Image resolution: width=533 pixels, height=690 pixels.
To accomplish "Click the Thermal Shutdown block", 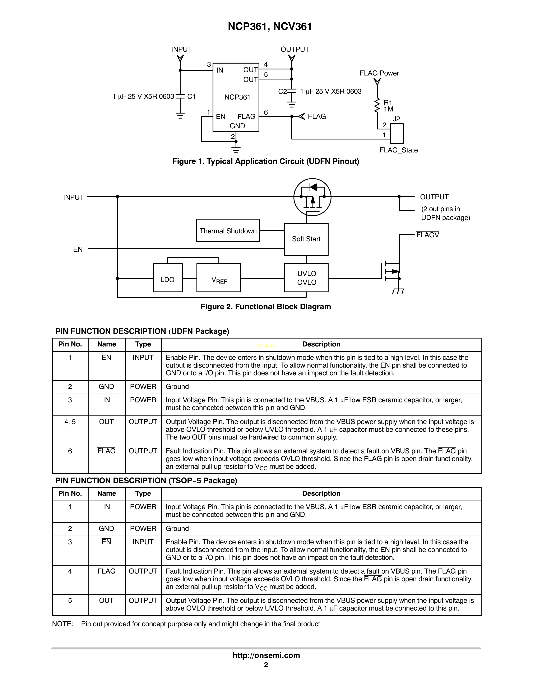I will (228, 231).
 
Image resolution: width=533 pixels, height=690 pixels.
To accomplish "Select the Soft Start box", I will (306, 239).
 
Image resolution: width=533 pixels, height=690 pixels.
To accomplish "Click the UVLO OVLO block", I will (306, 278).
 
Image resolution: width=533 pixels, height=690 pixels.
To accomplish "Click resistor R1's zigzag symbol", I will (377, 106).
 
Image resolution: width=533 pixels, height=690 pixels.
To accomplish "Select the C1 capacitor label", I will (191, 97).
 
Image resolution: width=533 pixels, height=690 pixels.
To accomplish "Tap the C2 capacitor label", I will (282, 92).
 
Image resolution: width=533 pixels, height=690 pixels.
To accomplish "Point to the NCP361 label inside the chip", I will (237, 97).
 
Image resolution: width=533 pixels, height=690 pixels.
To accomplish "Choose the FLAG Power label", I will (379, 73).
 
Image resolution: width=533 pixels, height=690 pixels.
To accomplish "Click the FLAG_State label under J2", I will (398, 150).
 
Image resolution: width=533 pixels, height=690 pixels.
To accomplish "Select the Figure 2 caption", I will (265, 307).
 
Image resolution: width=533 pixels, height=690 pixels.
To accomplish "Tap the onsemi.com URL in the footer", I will (266, 655).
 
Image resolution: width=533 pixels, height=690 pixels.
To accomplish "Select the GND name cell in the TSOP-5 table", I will (106, 529).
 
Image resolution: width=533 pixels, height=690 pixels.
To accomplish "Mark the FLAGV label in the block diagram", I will (427, 235).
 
